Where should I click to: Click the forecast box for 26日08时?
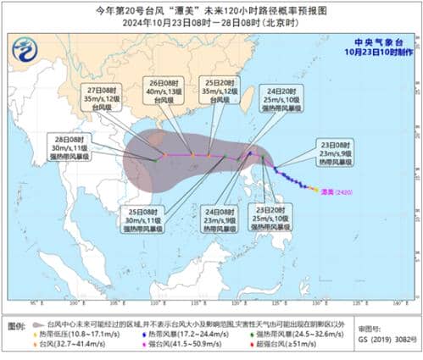[159, 94]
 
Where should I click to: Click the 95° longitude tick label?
[35, 302]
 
